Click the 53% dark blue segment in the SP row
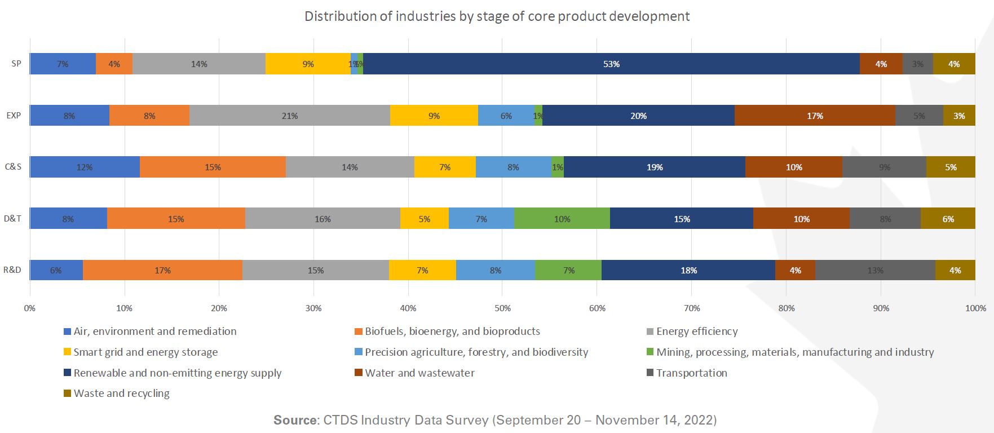click(611, 64)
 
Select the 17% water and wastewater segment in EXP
click(815, 116)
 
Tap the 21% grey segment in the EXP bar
click(290, 116)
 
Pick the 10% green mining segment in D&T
click(562, 219)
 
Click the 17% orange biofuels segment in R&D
click(162, 270)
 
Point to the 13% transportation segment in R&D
click(875, 270)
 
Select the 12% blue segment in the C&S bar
click(85, 167)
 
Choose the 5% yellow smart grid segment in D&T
click(425, 219)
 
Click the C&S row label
click(13, 167)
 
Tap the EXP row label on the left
click(14, 115)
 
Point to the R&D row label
click(12, 270)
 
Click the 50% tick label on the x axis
click(502, 308)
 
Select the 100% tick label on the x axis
click(975, 308)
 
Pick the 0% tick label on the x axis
click(29, 308)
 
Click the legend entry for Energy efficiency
click(696, 332)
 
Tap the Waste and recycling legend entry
click(121, 394)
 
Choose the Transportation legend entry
click(691, 373)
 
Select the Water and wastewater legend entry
click(419, 373)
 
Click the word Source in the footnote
click(295, 420)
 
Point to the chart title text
click(497, 16)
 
